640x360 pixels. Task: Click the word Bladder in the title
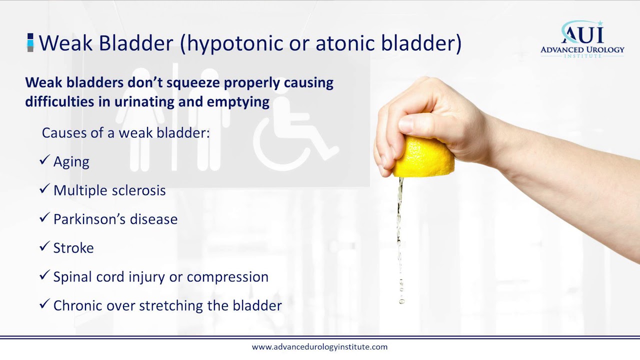[x=136, y=43]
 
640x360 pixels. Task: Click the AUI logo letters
[x=582, y=34]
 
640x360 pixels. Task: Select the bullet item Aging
[x=71, y=162]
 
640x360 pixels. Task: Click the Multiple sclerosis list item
[x=109, y=190]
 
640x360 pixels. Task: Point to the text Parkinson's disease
[x=115, y=219]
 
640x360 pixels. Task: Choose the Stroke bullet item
[x=73, y=248]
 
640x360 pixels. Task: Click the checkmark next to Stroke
[x=44, y=247]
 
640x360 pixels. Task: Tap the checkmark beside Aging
[x=44, y=161]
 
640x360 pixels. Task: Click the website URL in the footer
[x=319, y=347]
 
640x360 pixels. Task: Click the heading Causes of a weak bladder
[x=125, y=133]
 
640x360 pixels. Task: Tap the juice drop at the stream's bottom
[x=401, y=301]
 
